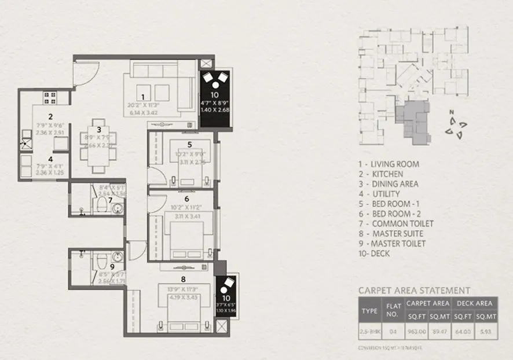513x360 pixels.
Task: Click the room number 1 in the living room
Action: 142,96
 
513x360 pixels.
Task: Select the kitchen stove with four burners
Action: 49,97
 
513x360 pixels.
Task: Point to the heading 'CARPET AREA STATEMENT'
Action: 414,291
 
